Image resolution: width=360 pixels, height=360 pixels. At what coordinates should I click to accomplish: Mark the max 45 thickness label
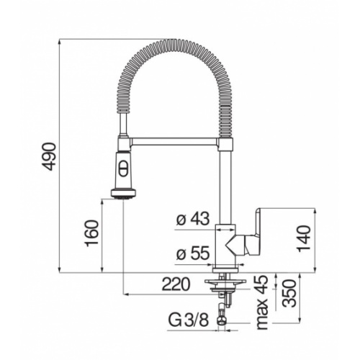point(262,301)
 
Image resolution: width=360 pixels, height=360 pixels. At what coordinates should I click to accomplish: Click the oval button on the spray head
point(122,170)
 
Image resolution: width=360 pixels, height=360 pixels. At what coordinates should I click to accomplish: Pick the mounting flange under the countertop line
point(223,282)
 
